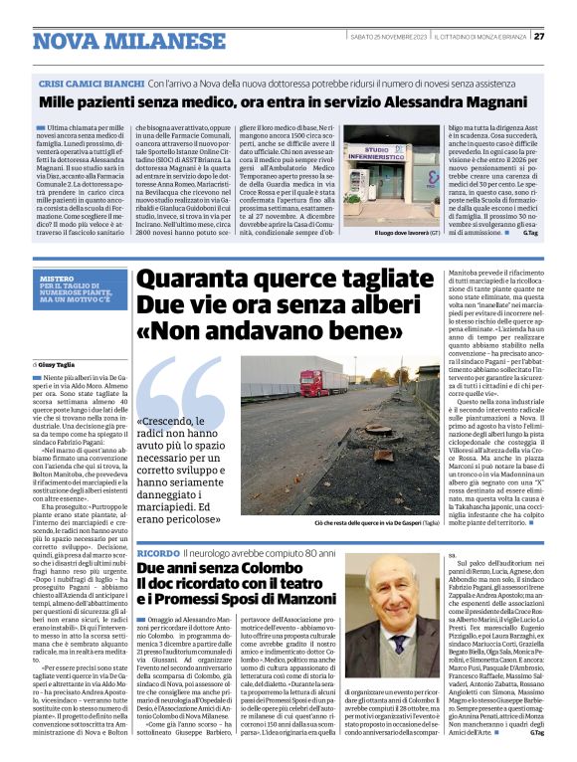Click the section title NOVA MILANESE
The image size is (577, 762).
pos(115,41)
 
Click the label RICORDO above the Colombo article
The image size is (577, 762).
pos(157,551)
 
